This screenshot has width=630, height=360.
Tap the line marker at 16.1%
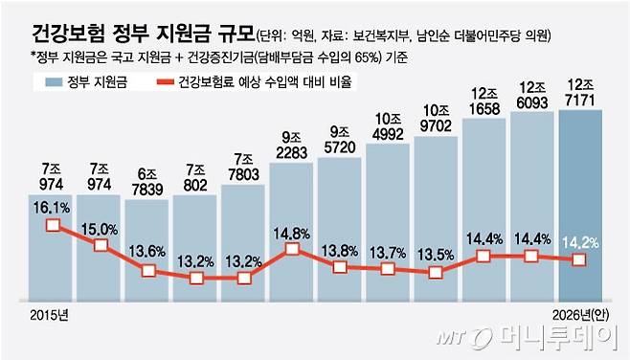(53, 226)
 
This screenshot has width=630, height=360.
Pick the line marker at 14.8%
(292, 250)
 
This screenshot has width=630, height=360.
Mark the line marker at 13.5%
(436, 272)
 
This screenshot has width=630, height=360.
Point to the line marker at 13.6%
(148, 271)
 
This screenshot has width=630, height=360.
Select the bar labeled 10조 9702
(436, 211)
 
